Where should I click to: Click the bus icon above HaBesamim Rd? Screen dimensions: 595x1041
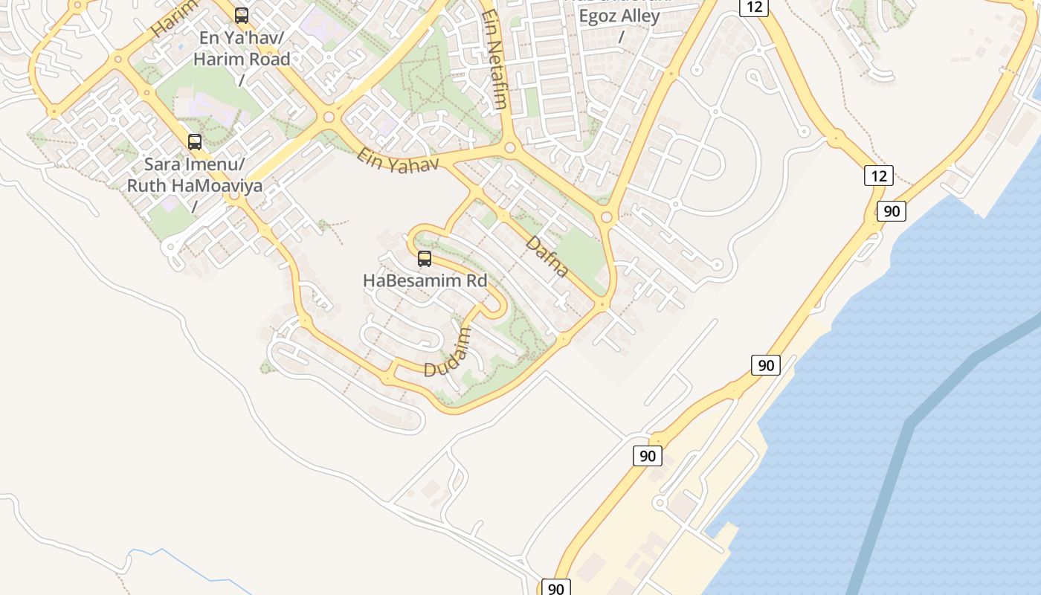tap(424, 259)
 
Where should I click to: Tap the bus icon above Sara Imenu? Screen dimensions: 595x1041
tap(195, 141)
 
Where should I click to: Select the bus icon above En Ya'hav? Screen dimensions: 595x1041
tap(241, 15)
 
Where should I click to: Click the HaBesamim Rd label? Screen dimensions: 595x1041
tap(425, 281)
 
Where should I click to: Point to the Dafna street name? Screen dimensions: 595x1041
tap(547, 257)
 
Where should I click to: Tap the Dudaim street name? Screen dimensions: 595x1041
tap(448, 353)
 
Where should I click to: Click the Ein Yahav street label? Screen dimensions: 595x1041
tap(397, 161)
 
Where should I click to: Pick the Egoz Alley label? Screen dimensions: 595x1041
tap(619, 16)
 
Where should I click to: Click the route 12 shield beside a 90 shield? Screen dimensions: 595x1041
tap(878, 176)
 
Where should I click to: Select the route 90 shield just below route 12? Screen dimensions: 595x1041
tap(891, 211)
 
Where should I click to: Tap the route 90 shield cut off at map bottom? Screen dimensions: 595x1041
tap(555, 588)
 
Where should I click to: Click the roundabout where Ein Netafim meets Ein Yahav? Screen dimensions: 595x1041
tap(509, 148)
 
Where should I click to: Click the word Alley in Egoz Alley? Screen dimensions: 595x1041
tap(639, 16)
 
